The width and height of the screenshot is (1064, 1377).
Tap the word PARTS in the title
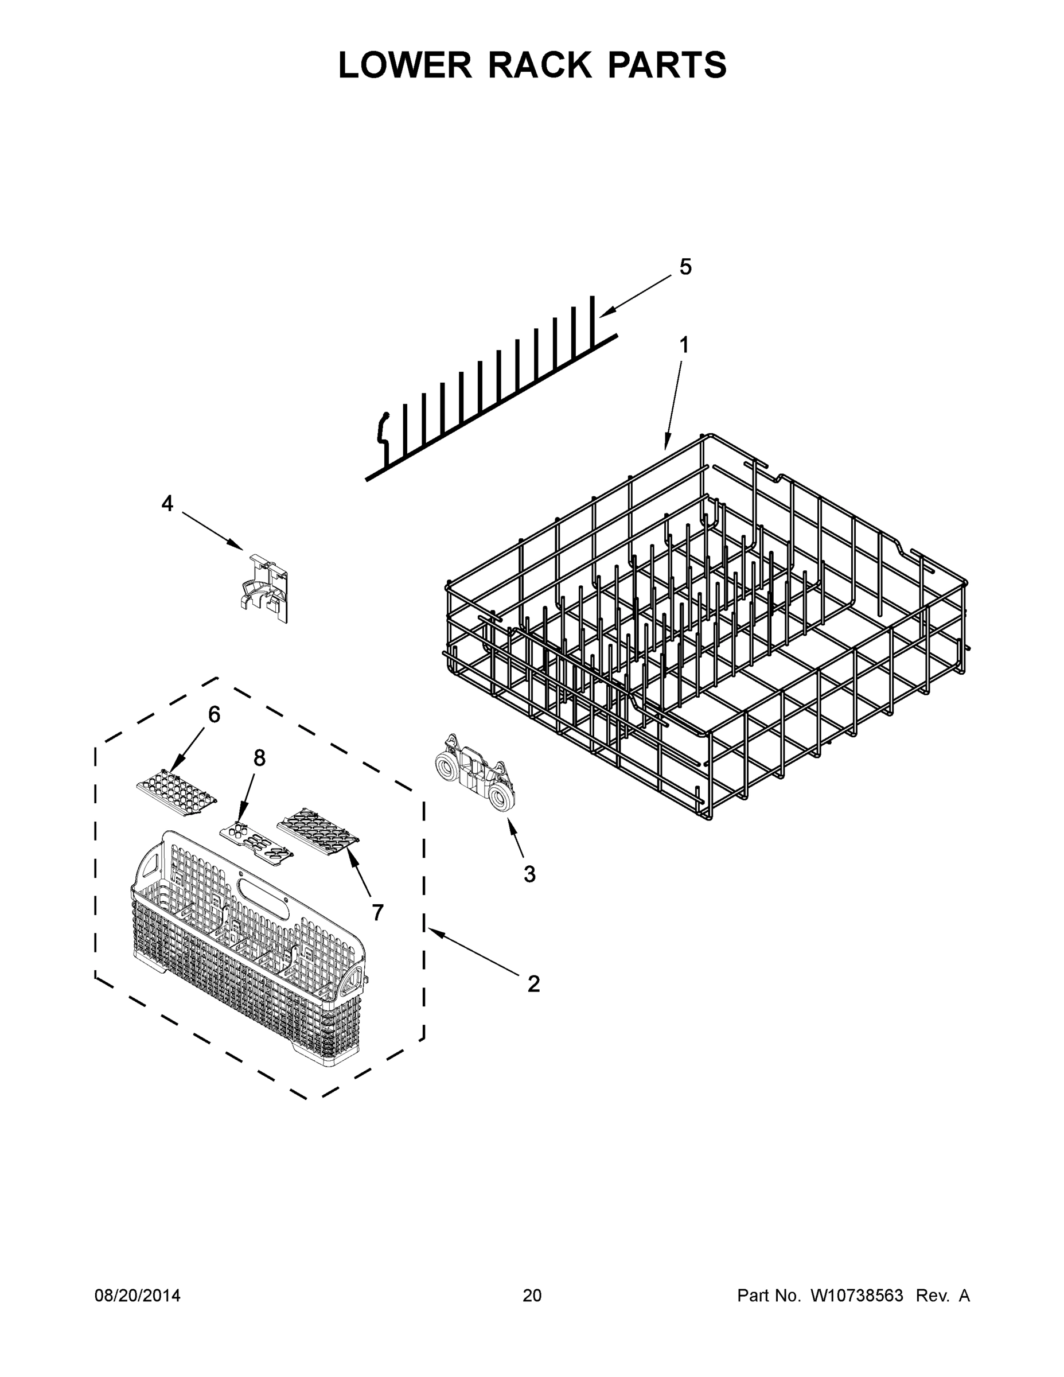667,65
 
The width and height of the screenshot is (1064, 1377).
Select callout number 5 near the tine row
685,267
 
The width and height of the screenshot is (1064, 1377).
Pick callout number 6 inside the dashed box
215,714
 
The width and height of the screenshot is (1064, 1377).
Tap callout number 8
260,758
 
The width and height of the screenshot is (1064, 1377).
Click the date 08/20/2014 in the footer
138,1296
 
